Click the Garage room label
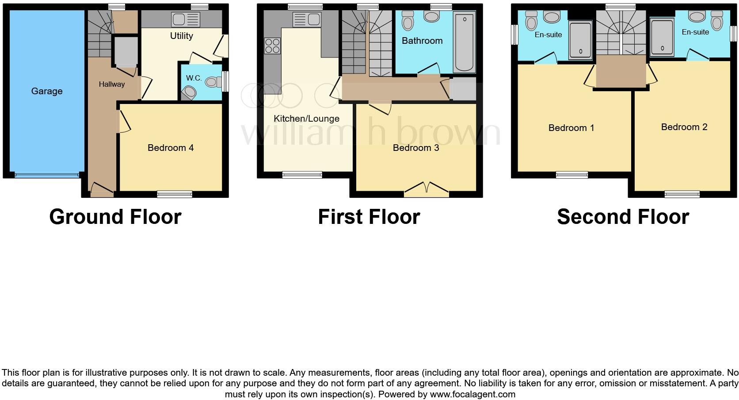point(47,91)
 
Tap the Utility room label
point(182,36)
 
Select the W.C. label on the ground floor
point(194,78)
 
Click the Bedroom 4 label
point(171,148)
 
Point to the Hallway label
point(111,84)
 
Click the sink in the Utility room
point(186,20)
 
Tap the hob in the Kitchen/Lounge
point(272,46)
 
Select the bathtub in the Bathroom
point(464,42)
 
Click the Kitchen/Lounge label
point(306,119)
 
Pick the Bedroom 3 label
point(416,148)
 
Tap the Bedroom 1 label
point(571,128)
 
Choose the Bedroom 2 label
point(684,127)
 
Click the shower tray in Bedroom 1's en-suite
point(580,40)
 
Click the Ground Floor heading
point(115,217)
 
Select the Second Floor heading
point(623,217)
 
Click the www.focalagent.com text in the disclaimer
point(472,394)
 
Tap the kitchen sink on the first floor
point(307,20)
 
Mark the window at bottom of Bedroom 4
point(175,194)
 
